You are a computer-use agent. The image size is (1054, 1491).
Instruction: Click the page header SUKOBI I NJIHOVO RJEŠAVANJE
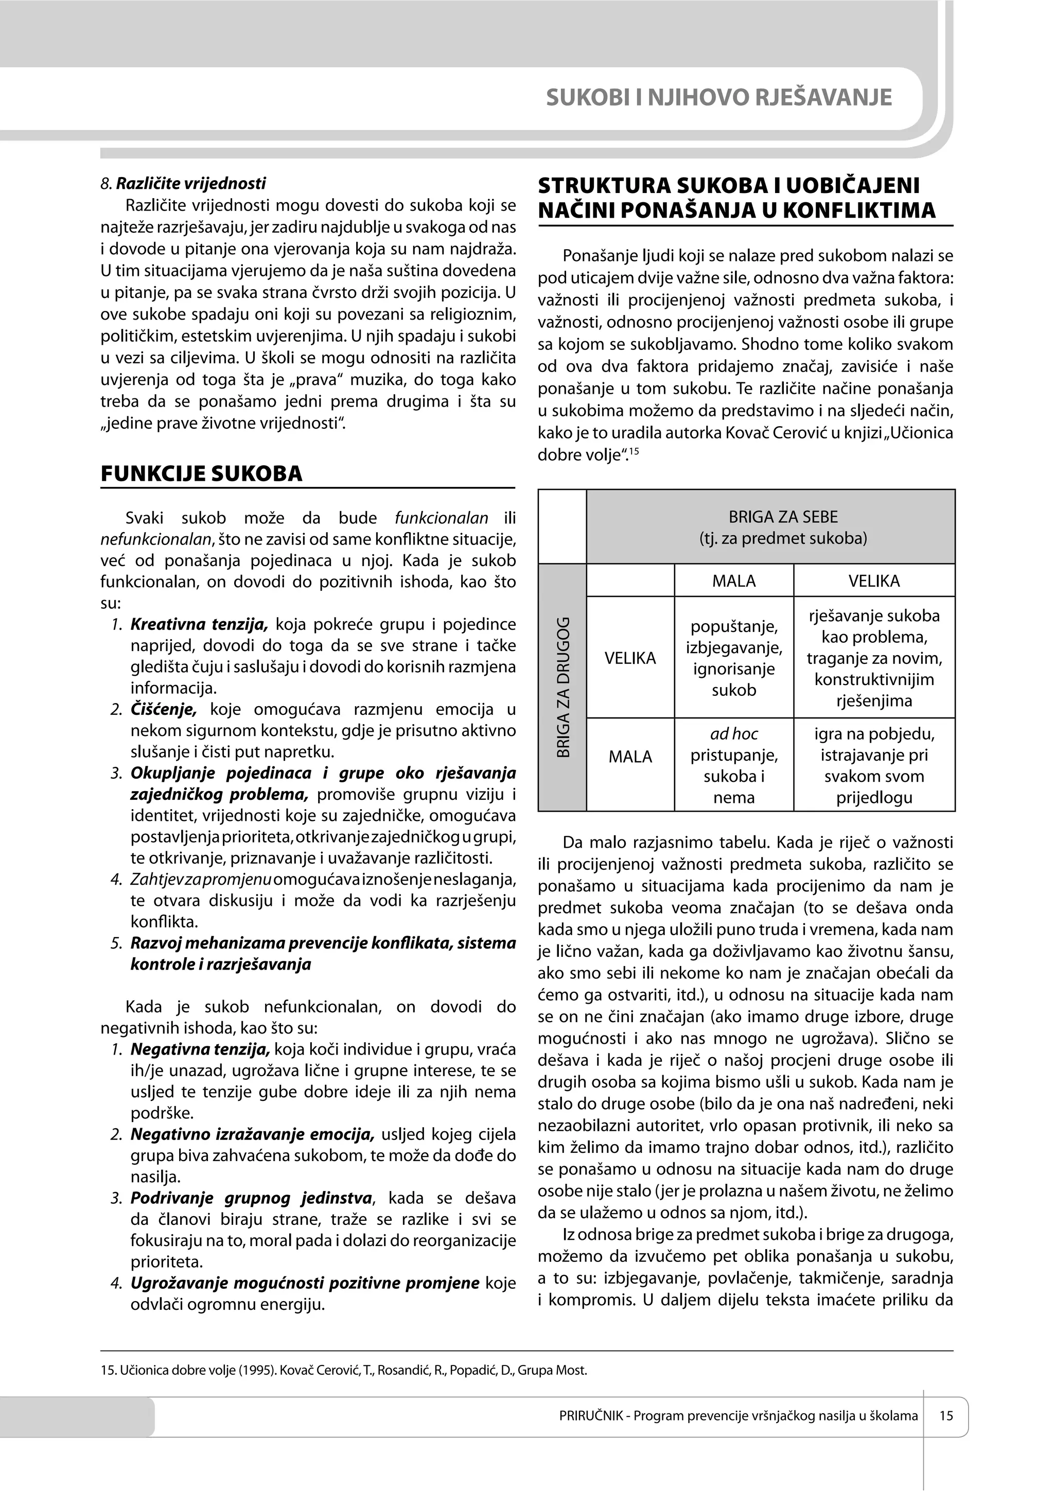click(x=718, y=97)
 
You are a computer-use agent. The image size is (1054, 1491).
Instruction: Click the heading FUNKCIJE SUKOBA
click(x=201, y=473)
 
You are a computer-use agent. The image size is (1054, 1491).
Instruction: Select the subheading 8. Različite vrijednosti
click(x=183, y=183)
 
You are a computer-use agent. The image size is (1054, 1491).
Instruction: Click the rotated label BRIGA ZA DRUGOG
click(x=563, y=687)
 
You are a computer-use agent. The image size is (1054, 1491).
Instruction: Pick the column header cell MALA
click(x=733, y=581)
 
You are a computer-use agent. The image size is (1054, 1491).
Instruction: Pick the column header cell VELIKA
click(x=873, y=581)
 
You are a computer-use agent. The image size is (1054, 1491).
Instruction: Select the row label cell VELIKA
click(x=630, y=658)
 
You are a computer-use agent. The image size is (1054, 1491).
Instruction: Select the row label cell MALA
click(x=630, y=757)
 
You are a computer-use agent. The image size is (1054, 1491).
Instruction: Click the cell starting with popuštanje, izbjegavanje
click(x=733, y=658)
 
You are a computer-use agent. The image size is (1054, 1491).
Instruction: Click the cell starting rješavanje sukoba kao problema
click(x=873, y=658)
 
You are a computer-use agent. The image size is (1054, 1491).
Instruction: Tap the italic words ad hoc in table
click(x=733, y=734)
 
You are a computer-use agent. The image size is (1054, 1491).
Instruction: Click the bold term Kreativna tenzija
click(x=199, y=625)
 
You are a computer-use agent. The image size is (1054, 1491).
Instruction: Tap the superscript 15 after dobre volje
click(x=635, y=451)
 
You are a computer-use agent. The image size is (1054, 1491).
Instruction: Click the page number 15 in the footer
click(x=945, y=1415)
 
